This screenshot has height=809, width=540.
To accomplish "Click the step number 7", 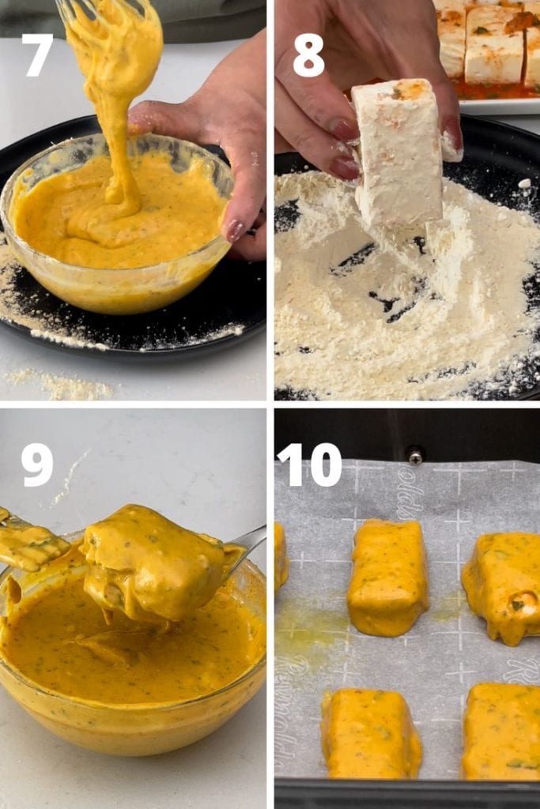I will [x=38, y=55].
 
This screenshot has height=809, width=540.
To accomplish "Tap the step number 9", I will [x=37, y=465].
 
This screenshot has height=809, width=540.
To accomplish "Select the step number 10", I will [x=309, y=465].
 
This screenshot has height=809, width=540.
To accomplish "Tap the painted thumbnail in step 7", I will [x=236, y=230].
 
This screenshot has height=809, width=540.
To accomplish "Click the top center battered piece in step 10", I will [x=388, y=577].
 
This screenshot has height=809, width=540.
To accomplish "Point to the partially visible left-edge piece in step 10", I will [x=281, y=557].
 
